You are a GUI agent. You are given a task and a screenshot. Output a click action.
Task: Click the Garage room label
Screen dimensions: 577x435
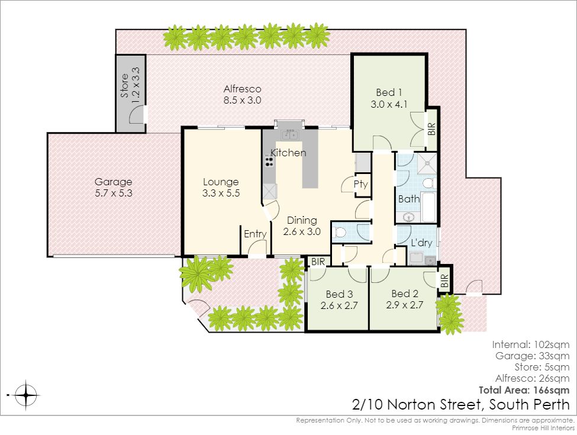(114, 182)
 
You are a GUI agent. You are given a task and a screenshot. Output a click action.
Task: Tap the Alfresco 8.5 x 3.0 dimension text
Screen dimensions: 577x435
(243, 100)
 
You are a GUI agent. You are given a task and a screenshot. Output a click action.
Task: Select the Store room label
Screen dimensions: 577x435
(125, 86)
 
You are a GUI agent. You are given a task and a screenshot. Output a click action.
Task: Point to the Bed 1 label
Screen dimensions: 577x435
(389, 92)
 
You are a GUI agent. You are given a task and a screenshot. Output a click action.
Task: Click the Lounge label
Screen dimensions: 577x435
(221, 182)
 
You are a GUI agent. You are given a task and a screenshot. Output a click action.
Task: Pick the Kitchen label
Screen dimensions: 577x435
(288, 153)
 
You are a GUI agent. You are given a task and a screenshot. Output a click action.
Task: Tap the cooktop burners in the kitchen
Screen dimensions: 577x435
(269, 160)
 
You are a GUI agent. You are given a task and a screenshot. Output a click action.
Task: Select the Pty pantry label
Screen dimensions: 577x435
(360, 184)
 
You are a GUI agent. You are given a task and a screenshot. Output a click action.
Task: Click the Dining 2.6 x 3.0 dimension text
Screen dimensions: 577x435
(302, 231)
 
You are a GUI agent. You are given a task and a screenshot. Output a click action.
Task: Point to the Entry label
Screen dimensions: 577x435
(255, 234)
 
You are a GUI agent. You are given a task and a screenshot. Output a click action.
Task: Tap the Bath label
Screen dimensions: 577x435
(409, 199)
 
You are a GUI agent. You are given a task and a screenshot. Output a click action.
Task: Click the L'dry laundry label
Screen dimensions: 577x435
(421, 243)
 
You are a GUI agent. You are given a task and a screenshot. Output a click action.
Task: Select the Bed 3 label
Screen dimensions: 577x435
(339, 294)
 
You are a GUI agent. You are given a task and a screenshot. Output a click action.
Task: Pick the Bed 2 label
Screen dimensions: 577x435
(405, 294)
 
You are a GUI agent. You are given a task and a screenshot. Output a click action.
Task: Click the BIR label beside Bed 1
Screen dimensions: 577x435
(431, 129)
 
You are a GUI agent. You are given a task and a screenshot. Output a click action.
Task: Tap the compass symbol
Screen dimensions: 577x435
(26, 395)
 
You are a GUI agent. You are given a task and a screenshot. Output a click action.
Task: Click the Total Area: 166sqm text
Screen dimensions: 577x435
(524, 390)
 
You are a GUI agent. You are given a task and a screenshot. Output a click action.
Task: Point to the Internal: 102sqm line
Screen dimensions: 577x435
(531, 345)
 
